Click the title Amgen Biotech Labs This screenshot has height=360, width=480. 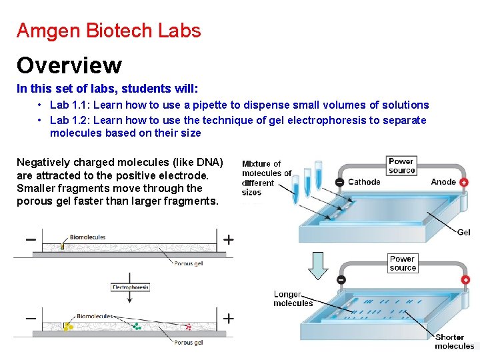coord(108,31)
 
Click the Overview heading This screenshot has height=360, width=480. coord(69,65)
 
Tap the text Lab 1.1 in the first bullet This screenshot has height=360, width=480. coord(69,105)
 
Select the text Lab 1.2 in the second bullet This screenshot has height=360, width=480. coord(69,120)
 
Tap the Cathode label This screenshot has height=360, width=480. coord(364,182)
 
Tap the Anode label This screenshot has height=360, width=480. coord(443,182)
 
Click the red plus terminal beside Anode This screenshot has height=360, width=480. coord(464,183)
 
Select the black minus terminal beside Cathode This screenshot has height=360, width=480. coord(340,183)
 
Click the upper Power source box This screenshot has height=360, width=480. coord(401,165)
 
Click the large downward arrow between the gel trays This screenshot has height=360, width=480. coord(319,265)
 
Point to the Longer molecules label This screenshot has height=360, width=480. coord(293,299)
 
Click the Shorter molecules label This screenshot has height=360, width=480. coord(454,341)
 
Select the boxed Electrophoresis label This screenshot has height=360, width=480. coord(130,287)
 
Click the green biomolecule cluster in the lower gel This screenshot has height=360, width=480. coord(137,327)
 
